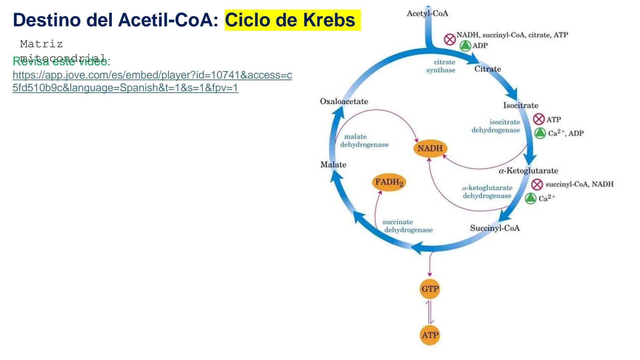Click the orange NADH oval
click(x=430, y=148)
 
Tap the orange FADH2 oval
click(x=389, y=182)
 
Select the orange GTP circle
click(x=430, y=289)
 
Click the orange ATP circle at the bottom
click(x=430, y=335)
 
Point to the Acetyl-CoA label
click(x=427, y=14)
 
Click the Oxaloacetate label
click(x=344, y=101)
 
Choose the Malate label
click(x=333, y=165)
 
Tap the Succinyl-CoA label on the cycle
click(x=495, y=228)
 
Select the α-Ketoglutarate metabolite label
click(x=528, y=171)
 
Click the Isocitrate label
click(x=521, y=106)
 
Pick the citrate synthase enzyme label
click(x=441, y=66)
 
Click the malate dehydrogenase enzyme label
click(x=364, y=141)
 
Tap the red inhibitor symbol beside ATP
click(x=539, y=119)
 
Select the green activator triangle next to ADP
click(x=465, y=46)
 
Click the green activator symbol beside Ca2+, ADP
click(x=540, y=133)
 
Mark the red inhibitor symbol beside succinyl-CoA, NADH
click(x=537, y=184)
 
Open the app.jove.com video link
click(x=152, y=81)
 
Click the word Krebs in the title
click(x=329, y=20)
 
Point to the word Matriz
click(x=41, y=44)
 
